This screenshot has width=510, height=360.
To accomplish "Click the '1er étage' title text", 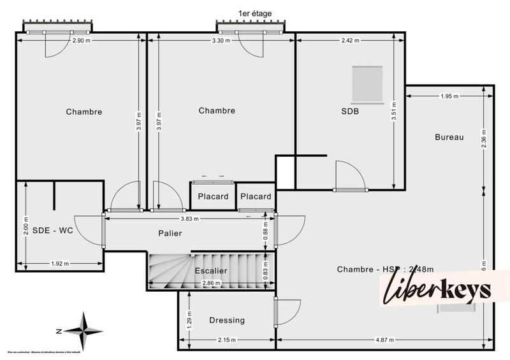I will coord(254,13).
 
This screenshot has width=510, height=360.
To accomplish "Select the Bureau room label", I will coord(449,137).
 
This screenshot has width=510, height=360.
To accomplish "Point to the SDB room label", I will coord(350,111).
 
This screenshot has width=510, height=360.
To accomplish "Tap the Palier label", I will coord(170,233).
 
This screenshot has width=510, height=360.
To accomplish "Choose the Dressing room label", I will coord(226,320).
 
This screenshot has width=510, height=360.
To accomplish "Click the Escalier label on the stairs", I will coord(211,270).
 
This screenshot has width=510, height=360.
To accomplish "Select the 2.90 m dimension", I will coord(81,41).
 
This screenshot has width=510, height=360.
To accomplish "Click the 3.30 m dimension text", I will coord(221,41).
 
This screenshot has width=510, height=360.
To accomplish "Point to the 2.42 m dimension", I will coord(349,41).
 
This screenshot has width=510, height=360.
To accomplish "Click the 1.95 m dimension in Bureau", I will coord(449,96).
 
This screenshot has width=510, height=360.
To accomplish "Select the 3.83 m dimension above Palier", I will coord(190,219).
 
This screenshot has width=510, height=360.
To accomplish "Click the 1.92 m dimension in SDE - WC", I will coord(60,263).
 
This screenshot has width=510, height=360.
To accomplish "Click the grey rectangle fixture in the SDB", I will coord(367,84).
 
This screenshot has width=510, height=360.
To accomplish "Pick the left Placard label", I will coord(213,196).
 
